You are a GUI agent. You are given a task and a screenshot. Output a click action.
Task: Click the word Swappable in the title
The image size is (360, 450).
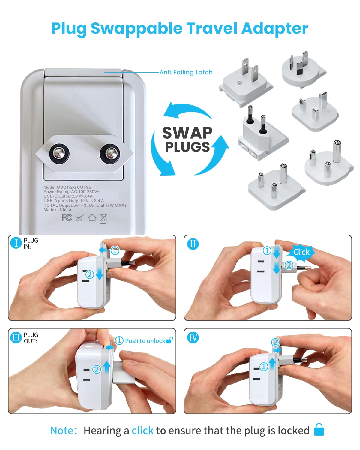pyautogui.click(x=136, y=29)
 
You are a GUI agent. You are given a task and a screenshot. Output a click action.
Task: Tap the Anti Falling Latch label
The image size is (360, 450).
pyautogui.click(x=186, y=72)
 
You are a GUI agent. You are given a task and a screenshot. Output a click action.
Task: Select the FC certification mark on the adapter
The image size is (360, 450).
pyautogui.click(x=67, y=217)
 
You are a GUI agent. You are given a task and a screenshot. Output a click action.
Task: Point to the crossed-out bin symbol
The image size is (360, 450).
pyautogui.click(x=103, y=218)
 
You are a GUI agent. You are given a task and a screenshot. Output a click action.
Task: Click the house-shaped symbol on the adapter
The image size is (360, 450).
pyautogui.click(x=92, y=217)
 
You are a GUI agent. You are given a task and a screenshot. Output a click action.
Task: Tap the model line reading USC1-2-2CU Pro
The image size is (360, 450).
pyautogui.click(x=67, y=187)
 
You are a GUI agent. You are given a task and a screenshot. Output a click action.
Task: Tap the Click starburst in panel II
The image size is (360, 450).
pyautogui.click(x=301, y=252)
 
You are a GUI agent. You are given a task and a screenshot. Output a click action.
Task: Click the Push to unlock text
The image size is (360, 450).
pyautogui.click(x=145, y=341)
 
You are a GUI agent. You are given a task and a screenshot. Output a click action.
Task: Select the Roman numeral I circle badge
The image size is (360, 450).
pyautogui.click(x=16, y=243)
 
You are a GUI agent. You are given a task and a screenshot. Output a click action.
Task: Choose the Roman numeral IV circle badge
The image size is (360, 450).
pyautogui.click(x=193, y=338)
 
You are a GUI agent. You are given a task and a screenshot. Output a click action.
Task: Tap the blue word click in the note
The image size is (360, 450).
pyautogui.click(x=142, y=430)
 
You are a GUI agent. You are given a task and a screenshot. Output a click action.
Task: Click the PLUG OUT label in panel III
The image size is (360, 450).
pyautogui.click(x=31, y=338)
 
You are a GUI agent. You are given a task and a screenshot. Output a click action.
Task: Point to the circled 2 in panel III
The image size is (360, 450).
pyautogui.click(x=97, y=369)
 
